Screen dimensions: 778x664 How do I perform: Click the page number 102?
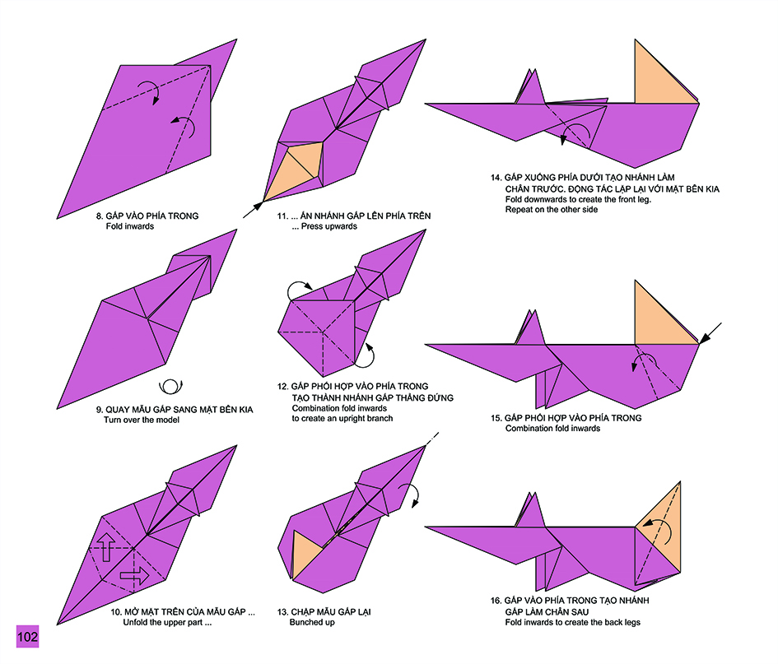coord(27,637)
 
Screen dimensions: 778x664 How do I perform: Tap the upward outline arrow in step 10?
coord(106,547)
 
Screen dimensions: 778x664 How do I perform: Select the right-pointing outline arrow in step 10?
coord(134,576)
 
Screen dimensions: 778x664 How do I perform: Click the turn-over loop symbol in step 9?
coord(170,386)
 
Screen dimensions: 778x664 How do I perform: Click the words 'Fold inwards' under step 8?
coord(129,226)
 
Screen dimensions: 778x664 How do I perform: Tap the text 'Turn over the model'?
coord(142,420)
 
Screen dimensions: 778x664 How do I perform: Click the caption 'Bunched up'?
coord(312,622)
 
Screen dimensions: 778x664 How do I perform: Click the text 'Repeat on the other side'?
coord(552,209)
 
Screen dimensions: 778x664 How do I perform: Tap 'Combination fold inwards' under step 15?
coord(552,428)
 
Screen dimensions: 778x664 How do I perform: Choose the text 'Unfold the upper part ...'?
coord(167,622)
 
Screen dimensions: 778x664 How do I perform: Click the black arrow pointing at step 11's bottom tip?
coord(253,210)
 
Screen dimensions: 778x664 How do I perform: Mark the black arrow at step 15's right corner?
coord(710,332)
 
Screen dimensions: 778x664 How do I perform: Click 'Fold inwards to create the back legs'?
coord(572,622)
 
